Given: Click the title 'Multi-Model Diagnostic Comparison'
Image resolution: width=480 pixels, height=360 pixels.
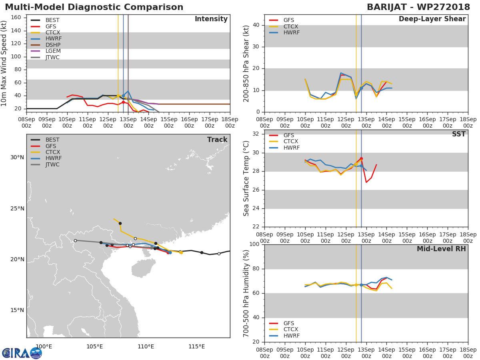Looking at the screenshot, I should point(94,7).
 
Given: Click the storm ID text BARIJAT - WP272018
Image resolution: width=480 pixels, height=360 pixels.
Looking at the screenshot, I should point(418,7).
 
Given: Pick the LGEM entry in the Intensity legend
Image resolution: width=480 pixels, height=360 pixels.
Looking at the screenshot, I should point(53,51).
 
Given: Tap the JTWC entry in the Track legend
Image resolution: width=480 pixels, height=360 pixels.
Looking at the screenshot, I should point(52,164).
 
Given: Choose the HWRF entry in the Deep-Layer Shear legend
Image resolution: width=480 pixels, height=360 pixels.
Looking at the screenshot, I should point(291,32).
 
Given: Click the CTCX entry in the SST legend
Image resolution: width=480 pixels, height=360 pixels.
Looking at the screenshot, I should point(291,142).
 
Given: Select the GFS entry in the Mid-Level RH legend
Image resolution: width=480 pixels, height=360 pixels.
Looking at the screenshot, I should point(288,323).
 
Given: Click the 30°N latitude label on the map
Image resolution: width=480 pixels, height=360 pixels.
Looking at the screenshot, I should point(17,157).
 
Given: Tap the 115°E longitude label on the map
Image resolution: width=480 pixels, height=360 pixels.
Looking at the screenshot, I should point(196,346).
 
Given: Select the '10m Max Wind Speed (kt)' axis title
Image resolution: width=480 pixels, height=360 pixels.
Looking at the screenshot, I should point(4,63).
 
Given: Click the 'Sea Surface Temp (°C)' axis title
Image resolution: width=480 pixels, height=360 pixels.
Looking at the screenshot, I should point(246,178).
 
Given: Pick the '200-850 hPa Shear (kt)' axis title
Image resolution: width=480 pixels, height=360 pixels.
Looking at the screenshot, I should point(246,63).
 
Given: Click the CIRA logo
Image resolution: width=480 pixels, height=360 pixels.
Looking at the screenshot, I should point(22,353).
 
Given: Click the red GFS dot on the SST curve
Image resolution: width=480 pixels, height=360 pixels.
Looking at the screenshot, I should point(361,158).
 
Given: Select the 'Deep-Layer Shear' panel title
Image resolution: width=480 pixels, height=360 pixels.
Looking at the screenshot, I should point(432,19).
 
